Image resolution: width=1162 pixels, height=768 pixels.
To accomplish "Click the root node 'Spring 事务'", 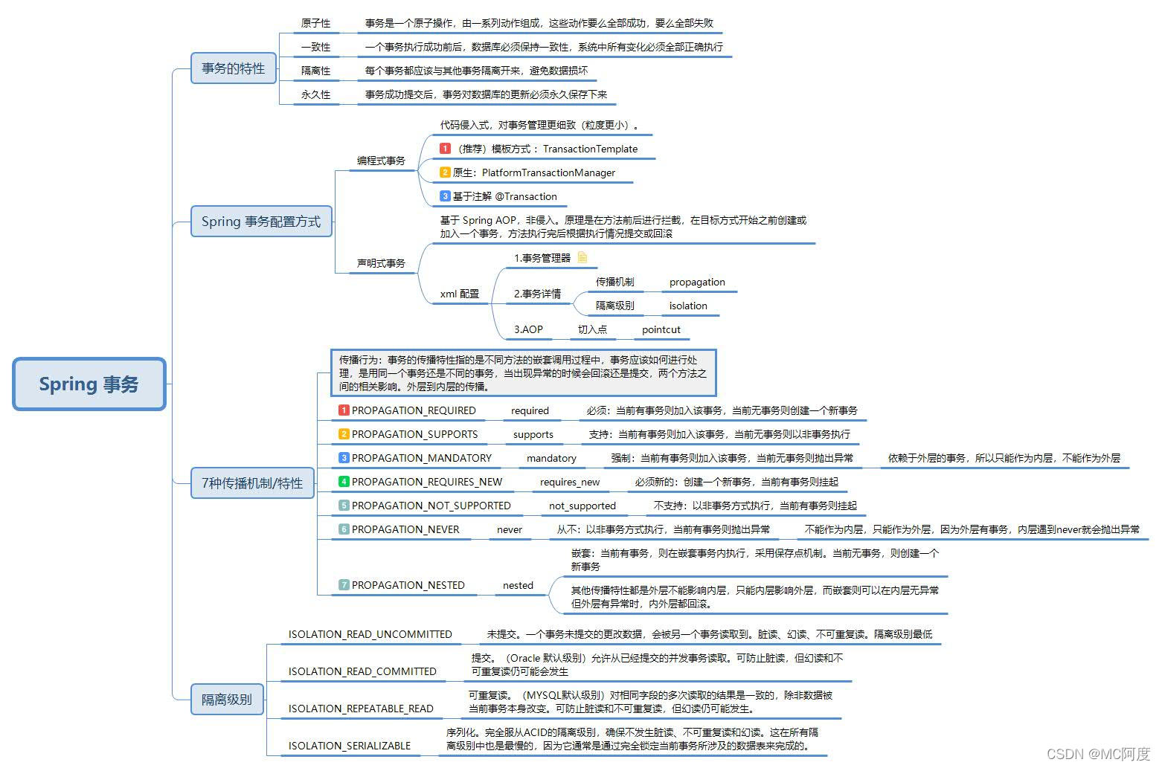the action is coord(89,384).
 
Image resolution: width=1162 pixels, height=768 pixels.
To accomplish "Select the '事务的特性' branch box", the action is coord(233,68).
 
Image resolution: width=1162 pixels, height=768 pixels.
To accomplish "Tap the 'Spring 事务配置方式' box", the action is coord(260,222).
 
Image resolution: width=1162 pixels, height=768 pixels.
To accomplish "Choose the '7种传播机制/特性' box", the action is coord(252,483).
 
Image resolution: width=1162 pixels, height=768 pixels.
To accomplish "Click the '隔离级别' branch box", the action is coord(227,700).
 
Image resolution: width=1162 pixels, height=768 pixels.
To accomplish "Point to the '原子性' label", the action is coord(315,23).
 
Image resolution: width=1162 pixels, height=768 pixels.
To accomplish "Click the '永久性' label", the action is coord(315,94).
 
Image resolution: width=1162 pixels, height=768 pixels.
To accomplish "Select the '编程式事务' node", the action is coord(381,161).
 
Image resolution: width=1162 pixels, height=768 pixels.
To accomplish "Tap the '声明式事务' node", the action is coord(381,263).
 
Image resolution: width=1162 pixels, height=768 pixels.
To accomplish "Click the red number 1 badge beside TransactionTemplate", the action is coord(445,149).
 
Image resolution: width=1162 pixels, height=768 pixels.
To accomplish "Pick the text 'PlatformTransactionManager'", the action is coord(548,172).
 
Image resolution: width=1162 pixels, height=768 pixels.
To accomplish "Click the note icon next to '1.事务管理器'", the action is coord(582,257).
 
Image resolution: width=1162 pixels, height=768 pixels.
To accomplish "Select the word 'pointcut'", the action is coord(661,329).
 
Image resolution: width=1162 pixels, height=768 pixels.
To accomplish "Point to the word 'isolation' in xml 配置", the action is coord(687,306).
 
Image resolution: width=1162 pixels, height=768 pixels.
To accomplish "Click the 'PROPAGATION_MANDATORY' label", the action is coord(421,458).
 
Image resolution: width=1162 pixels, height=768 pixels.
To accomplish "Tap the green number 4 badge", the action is coord(344,482).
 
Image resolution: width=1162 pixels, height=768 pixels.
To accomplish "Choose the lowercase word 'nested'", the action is coord(518,585).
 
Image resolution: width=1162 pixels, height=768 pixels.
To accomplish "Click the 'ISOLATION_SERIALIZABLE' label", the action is coord(349,746).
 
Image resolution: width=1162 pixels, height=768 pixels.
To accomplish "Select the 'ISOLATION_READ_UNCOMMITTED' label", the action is coord(370,634).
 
